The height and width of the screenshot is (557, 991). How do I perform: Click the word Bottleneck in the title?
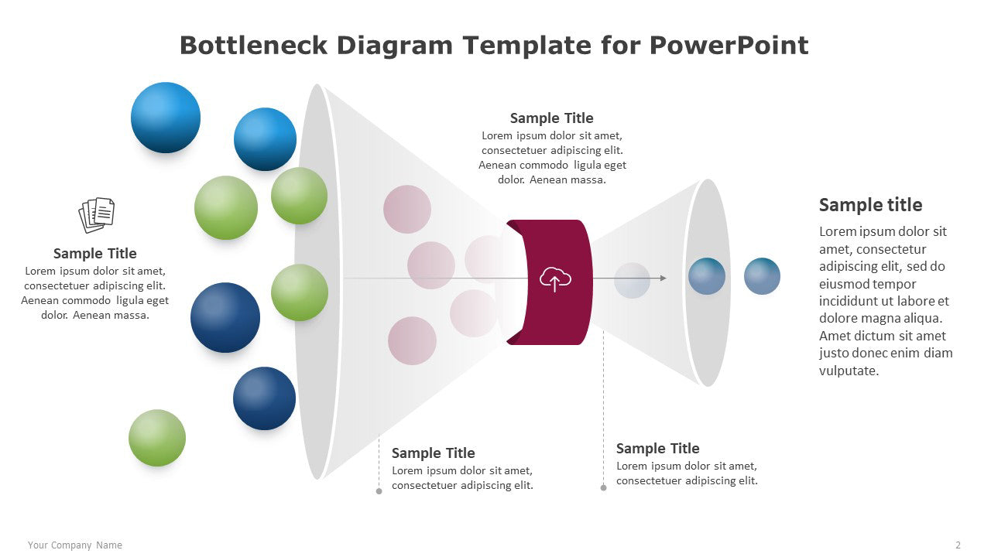point(253,46)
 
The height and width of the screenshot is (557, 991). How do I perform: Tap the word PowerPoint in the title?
point(729,46)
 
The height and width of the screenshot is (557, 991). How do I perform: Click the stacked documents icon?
point(97,215)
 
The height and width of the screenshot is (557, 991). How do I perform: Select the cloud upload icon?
point(555,279)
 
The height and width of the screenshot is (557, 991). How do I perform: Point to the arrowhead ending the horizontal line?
point(663,278)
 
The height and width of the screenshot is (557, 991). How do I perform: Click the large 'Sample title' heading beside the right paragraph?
point(871,205)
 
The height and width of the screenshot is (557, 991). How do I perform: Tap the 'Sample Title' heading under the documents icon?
point(94,253)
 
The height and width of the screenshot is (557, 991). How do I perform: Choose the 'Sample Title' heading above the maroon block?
point(552,118)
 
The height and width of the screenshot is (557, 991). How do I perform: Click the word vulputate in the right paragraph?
point(849,371)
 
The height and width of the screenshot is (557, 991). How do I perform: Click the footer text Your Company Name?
point(75,545)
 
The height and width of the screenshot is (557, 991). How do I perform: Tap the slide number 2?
point(958,545)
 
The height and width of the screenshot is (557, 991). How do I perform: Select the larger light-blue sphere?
point(166,118)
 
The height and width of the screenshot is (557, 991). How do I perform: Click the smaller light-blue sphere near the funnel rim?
point(265,139)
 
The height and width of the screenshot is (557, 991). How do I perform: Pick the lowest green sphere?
point(157,438)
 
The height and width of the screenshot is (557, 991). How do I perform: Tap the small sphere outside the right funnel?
point(762,276)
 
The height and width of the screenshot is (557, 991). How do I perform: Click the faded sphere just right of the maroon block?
point(632,280)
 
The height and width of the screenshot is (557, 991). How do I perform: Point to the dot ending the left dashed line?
point(379,491)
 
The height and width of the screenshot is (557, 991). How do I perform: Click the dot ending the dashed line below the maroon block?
point(603,487)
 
